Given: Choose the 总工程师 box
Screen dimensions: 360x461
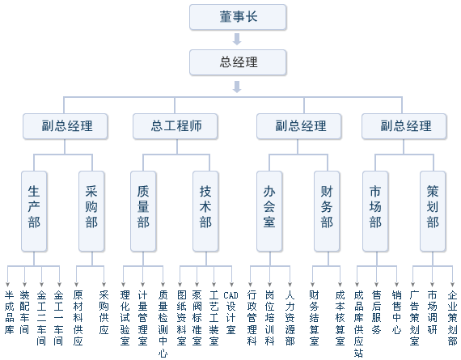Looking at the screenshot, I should pos(176,126).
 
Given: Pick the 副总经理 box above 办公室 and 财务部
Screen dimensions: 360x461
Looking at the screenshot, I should pos(301,126).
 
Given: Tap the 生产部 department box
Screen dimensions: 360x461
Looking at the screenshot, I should pos(34,210).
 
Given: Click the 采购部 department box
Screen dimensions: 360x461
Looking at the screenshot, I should pos(91,210).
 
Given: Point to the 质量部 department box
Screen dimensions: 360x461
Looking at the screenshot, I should pos(143,210).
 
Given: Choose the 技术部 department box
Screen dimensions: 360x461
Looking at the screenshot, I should pos(205,210).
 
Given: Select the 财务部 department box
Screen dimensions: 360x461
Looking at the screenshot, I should pos(327,210).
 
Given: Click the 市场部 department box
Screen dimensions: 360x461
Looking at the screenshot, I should pos(375,210).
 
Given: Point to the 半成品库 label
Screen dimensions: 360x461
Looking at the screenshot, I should pos(9,312).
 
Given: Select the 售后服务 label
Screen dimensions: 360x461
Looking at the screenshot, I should pos(376,312).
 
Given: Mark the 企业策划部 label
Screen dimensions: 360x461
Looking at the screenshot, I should pos(452,317).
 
